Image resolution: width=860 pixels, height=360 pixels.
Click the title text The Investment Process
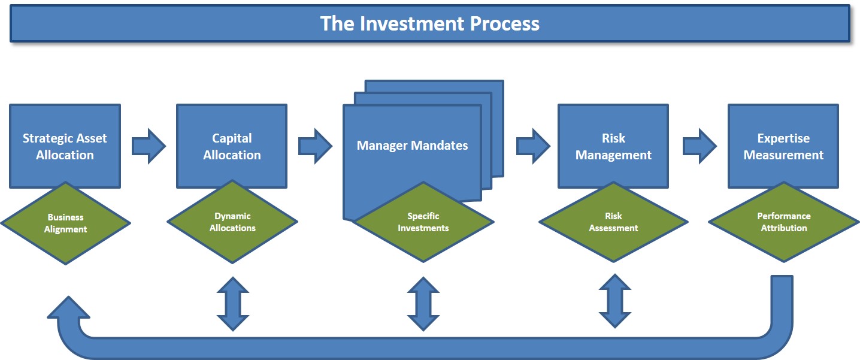click(x=429, y=23)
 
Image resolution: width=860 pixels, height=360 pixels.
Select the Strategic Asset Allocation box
click(x=65, y=146)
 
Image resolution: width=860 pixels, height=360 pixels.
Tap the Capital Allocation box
click(x=232, y=146)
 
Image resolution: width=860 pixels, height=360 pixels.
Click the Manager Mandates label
click(x=412, y=146)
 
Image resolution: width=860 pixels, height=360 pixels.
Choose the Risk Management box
click(x=613, y=146)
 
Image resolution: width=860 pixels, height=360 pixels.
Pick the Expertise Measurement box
click(x=783, y=146)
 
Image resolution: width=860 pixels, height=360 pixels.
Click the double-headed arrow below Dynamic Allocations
click(x=232, y=304)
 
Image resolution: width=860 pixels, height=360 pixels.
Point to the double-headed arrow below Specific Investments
click(x=423, y=304)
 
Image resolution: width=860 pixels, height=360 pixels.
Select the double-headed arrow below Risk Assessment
click(x=615, y=301)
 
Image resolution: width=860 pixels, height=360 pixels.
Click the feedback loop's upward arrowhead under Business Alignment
click(x=68, y=308)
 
